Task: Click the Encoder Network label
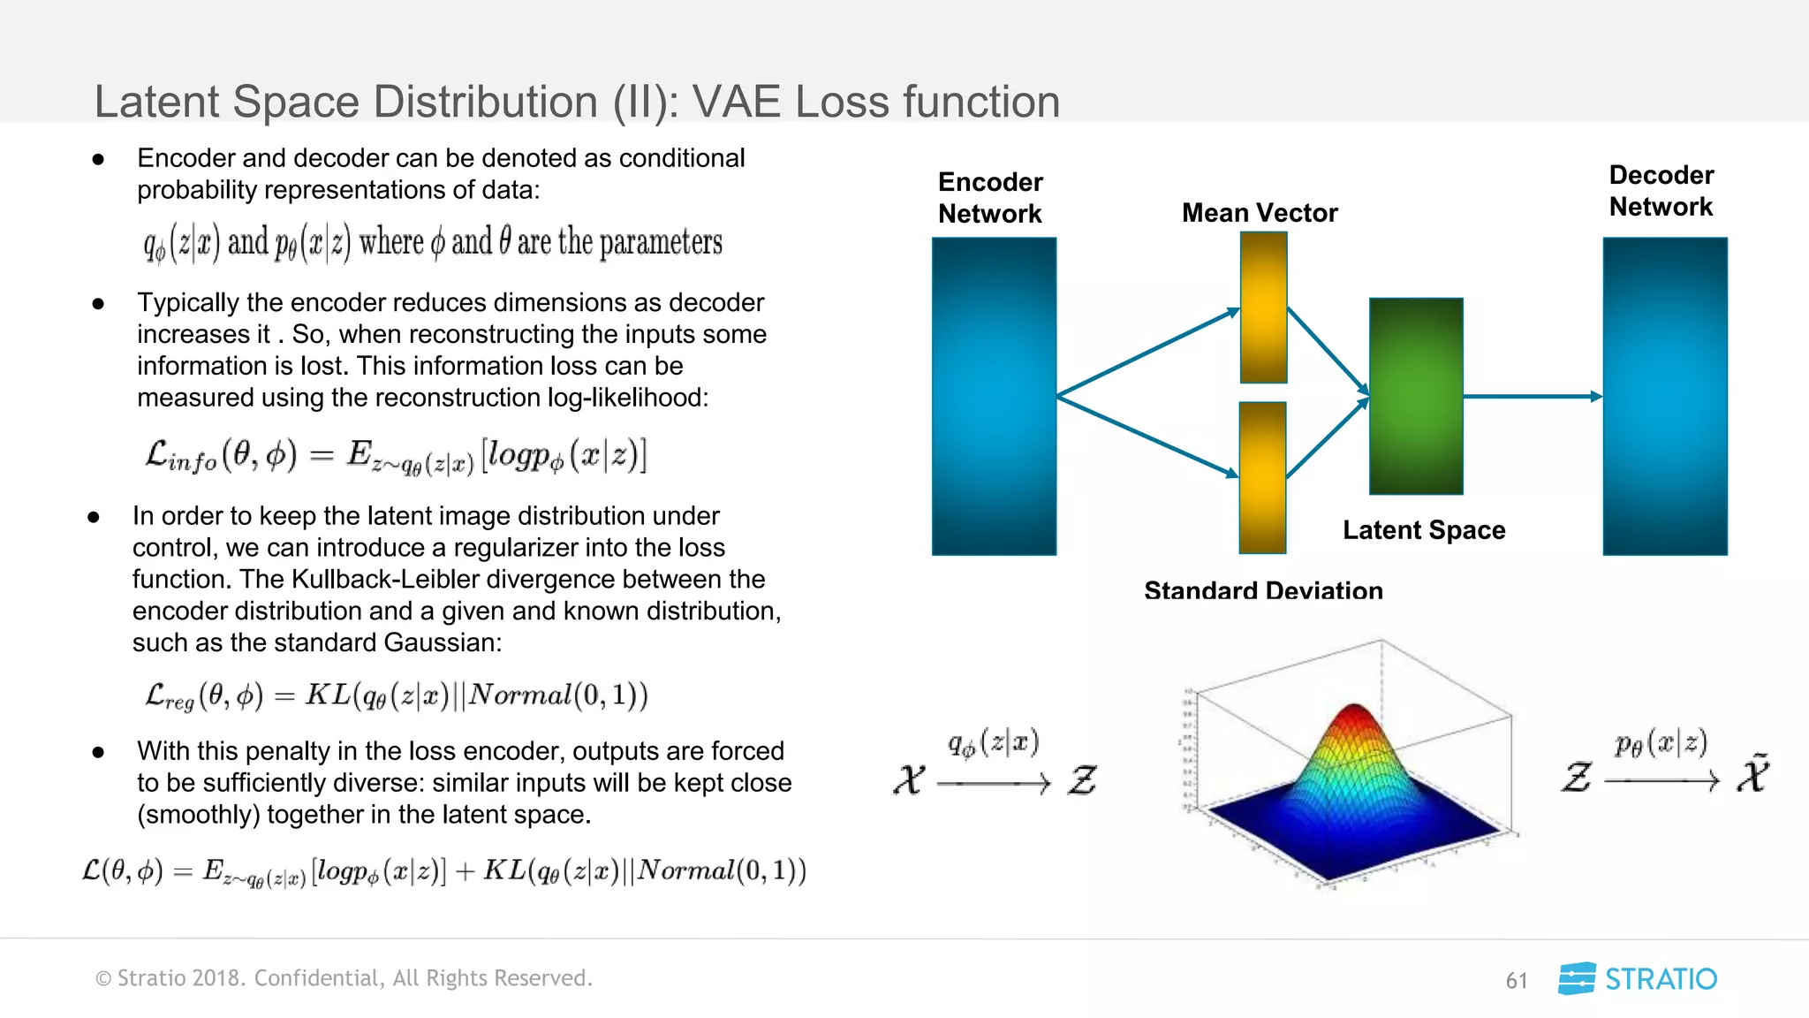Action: (990, 198)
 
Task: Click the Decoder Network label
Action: (1661, 191)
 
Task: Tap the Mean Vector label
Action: (1260, 213)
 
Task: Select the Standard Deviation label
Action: (1263, 589)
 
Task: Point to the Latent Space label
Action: (1424, 530)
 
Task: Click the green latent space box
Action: (1416, 396)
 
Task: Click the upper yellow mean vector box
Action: (1263, 308)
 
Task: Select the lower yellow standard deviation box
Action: (1262, 477)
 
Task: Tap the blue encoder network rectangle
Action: (994, 396)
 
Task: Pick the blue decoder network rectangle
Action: (1665, 396)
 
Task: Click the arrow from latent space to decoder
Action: (1533, 397)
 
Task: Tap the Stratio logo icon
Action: (1577, 978)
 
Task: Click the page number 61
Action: (1517, 981)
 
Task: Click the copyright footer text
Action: (344, 978)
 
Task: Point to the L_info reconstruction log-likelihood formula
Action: (396, 456)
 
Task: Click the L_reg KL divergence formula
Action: (396, 695)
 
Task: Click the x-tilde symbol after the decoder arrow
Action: (1753, 775)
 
